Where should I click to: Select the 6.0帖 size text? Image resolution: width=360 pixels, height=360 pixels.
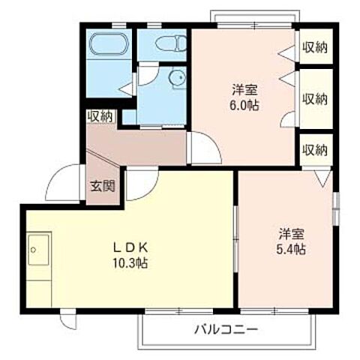(x=245, y=106)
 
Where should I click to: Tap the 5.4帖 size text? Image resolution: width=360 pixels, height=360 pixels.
(x=289, y=248)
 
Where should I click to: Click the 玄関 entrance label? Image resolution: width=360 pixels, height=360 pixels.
(x=102, y=186)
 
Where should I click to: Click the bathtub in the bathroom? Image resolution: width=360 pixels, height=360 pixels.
(x=109, y=43)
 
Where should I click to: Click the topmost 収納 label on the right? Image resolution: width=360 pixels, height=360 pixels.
(x=315, y=48)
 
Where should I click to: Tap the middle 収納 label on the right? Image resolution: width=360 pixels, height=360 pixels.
(x=315, y=98)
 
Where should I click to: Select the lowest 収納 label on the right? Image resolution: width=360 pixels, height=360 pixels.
(x=315, y=149)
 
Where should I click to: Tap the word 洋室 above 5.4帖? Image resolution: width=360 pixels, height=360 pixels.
(x=289, y=233)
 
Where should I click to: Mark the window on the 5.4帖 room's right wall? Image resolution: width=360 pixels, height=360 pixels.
(x=337, y=208)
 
